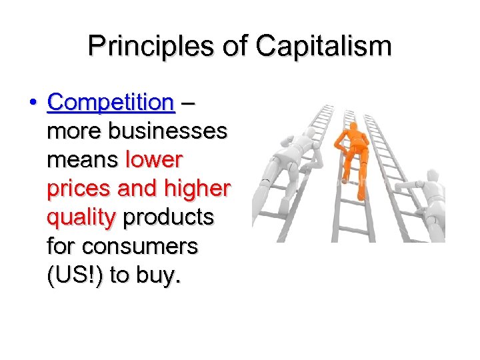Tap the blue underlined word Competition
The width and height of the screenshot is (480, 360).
(x=111, y=103)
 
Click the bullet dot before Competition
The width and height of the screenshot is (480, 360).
(x=33, y=103)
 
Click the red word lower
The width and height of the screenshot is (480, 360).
(x=153, y=160)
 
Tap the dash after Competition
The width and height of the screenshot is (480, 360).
(x=189, y=103)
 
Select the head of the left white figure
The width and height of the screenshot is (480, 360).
(x=294, y=145)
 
